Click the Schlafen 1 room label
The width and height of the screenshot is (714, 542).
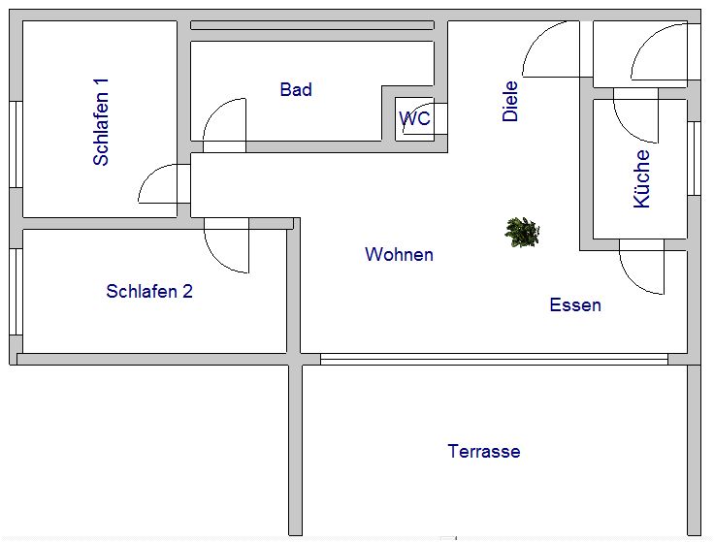coord(101,122)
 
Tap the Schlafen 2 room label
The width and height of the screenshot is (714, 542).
coord(149,291)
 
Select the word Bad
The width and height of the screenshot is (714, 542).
coord(296,89)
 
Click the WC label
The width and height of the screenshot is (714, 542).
coord(415,118)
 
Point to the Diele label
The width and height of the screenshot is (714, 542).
coord(510,101)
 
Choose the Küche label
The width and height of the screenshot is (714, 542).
coord(641,178)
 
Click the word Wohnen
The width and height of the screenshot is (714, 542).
coord(399,254)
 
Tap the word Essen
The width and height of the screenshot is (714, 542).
coord(575,304)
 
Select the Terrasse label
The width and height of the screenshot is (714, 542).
coord(483,452)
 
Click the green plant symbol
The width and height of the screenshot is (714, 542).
coord(522,232)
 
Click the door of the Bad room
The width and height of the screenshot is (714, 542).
coord(225,125)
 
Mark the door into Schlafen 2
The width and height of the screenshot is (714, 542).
coord(227,245)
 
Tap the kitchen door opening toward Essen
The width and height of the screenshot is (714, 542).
coord(641,267)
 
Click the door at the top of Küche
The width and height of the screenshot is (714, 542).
coord(635,115)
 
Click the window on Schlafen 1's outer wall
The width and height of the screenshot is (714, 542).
coord(16,144)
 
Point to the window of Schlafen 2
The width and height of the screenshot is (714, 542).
coord(16,292)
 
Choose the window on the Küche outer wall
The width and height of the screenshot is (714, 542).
coord(694,158)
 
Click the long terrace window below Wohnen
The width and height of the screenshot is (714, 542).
coord(494,359)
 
